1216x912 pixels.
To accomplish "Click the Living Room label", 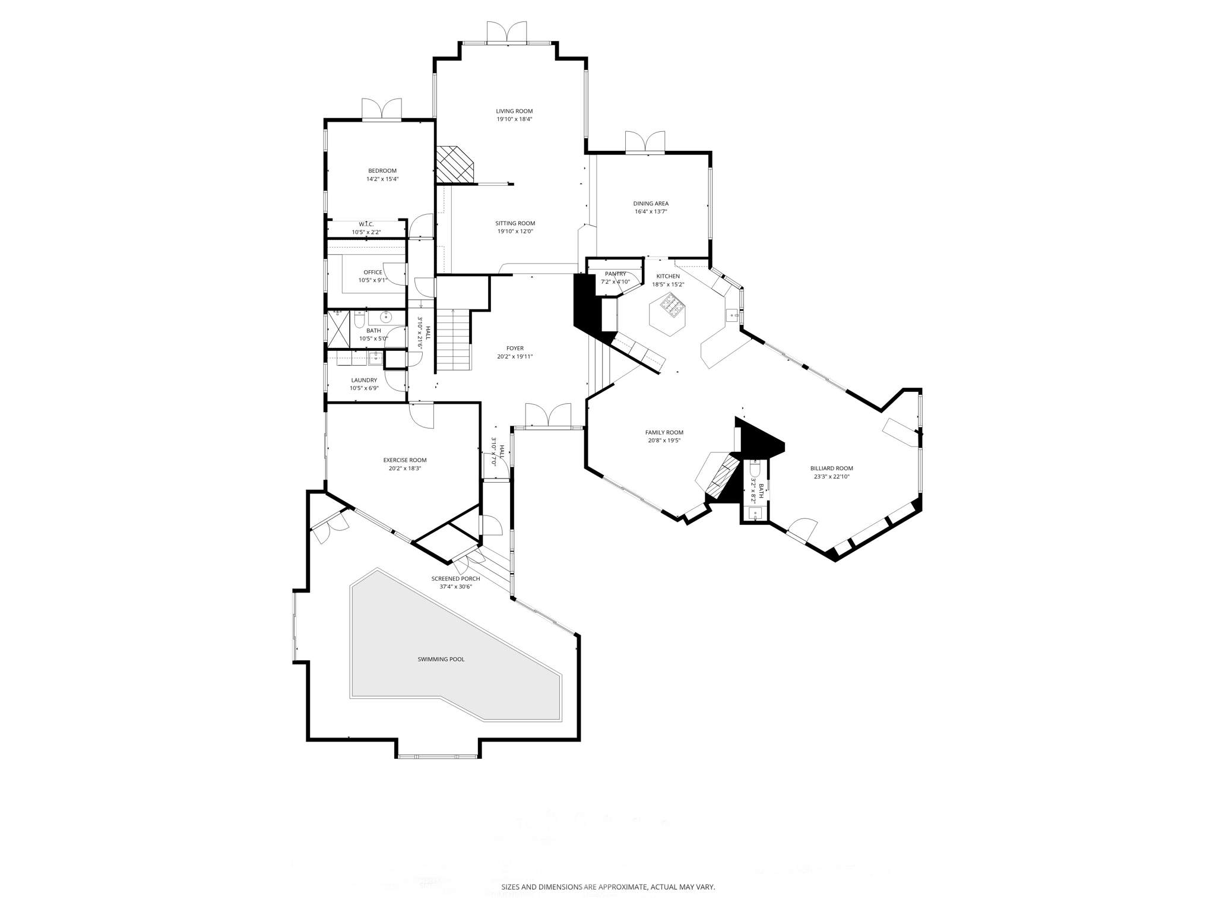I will (x=514, y=111).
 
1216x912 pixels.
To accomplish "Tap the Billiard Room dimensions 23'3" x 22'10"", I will (x=831, y=476).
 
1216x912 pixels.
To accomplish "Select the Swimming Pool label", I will (x=441, y=659).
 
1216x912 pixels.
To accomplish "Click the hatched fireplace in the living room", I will (x=454, y=164).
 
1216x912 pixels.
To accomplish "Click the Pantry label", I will (x=615, y=274).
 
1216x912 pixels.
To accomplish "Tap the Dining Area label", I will (x=651, y=204).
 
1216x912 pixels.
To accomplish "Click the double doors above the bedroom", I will (x=382, y=109).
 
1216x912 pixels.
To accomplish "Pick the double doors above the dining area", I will (x=645, y=142).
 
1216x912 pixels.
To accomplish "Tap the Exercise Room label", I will (x=404, y=460).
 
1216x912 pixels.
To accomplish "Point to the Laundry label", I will (x=364, y=381).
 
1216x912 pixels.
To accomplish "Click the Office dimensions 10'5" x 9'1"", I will (x=372, y=280).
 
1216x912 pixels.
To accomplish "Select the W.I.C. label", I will (x=366, y=224).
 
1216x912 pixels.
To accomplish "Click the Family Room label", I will (x=664, y=433).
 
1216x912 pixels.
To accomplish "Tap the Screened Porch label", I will (x=455, y=579).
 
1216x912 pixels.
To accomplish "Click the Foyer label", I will (x=515, y=349).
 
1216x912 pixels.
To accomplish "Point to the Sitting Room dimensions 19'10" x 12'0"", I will (x=515, y=232).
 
